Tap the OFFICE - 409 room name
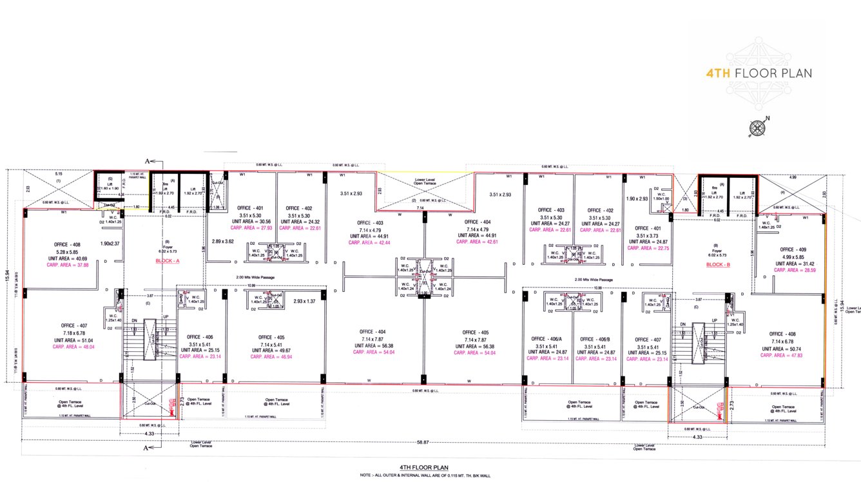[x=795, y=249]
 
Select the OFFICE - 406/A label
[x=547, y=339]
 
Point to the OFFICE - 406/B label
[x=595, y=339]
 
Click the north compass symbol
[x=757, y=128]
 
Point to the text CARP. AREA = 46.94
[x=271, y=356]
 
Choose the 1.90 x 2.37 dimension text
[x=110, y=244]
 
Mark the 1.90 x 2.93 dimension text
[x=637, y=198]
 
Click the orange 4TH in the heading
[x=718, y=73]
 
